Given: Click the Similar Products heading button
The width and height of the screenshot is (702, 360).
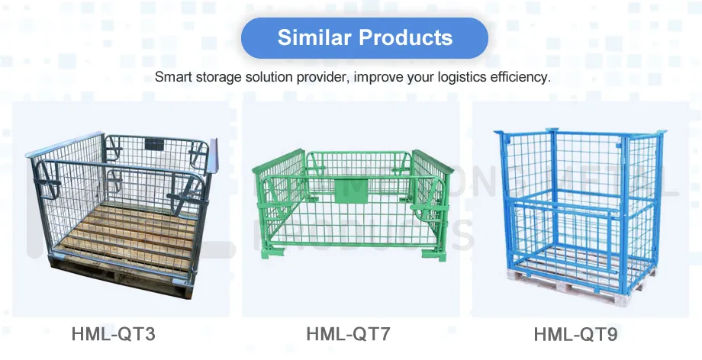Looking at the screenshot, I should click(364, 38).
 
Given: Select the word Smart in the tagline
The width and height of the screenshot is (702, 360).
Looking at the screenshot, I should click(171, 78).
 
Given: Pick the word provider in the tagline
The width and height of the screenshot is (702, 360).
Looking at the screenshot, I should click(321, 78).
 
